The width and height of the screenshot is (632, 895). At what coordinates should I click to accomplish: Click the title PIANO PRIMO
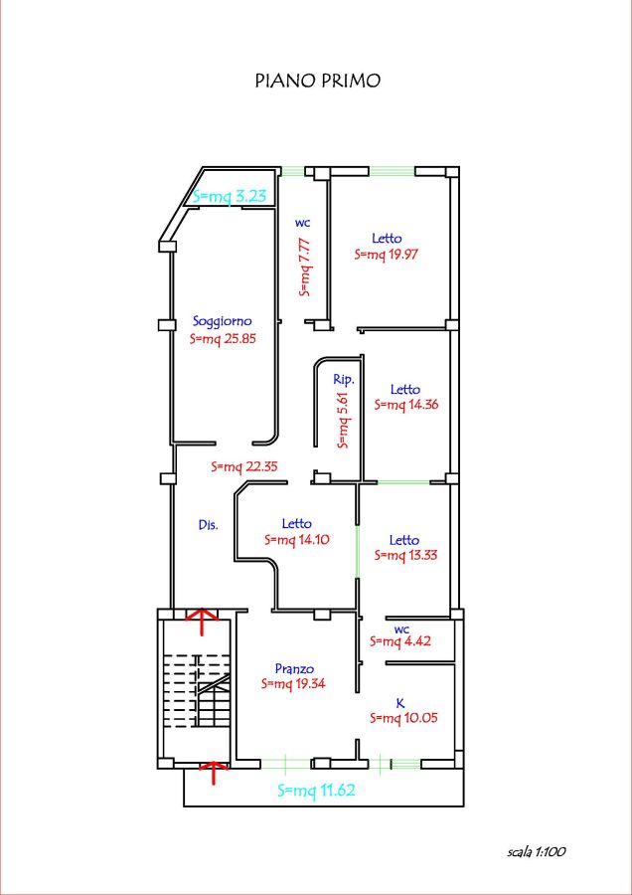pos(317,82)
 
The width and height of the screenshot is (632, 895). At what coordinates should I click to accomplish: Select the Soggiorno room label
pos(223,321)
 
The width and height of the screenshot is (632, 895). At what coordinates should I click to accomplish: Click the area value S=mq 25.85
pos(223,338)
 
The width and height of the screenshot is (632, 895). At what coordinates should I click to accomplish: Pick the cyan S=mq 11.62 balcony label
pos(317,791)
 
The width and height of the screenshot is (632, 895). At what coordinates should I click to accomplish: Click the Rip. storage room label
pos(345,379)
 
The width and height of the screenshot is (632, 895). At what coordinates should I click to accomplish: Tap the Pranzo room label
pos(294,668)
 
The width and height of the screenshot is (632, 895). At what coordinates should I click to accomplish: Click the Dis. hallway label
pos(209,526)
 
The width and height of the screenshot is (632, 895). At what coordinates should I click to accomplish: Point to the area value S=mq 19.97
pos(387,255)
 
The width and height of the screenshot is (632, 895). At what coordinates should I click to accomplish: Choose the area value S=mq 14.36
pos(405,405)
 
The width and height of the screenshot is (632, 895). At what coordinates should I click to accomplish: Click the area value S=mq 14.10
pos(297,540)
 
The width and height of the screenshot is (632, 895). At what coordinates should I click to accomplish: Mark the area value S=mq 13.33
pos(405,555)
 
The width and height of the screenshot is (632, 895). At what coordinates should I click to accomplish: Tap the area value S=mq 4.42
pos(399,641)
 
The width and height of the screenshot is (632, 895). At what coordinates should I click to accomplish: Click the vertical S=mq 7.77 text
pos(305,268)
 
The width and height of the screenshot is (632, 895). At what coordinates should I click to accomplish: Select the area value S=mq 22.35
pos(244,467)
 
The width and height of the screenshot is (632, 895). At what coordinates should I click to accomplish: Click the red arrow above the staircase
pos(202,621)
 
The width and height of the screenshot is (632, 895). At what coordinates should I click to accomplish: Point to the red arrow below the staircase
pos(213,773)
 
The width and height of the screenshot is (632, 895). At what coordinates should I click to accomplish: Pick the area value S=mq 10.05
pos(403,718)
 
